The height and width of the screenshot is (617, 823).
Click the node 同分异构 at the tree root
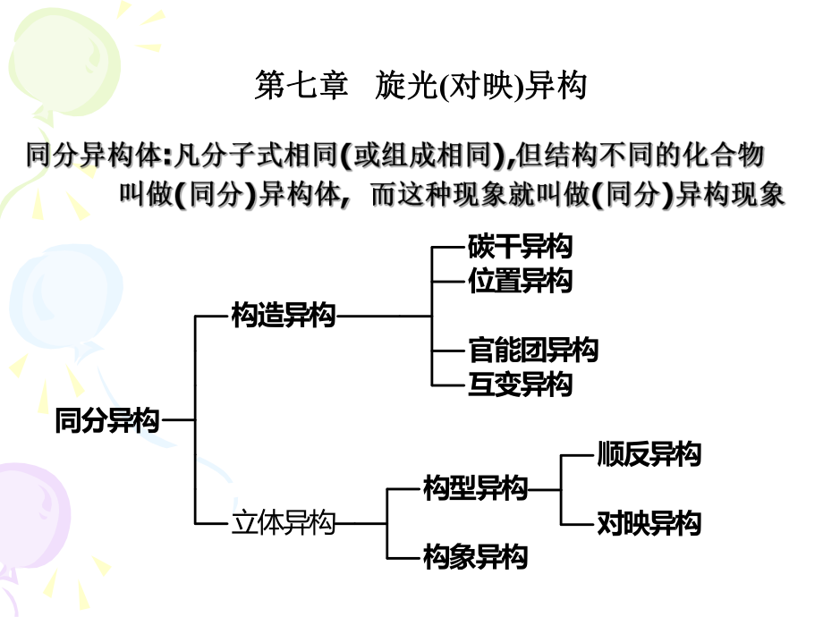(106, 420)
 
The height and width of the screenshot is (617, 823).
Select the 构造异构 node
(283, 315)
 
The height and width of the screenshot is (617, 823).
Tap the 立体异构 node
(283, 523)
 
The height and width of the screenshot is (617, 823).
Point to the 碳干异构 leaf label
(520, 246)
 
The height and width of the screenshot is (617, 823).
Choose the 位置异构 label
(520, 281)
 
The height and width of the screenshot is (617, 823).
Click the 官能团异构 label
(533, 350)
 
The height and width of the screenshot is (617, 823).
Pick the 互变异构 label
(520, 385)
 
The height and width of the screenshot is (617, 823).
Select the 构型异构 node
(475, 488)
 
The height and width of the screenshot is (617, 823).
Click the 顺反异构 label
(649, 454)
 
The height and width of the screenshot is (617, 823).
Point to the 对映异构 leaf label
(649, 523)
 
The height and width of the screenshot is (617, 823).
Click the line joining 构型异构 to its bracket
(544, 489)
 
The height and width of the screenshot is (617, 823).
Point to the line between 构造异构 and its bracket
(383, 315)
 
